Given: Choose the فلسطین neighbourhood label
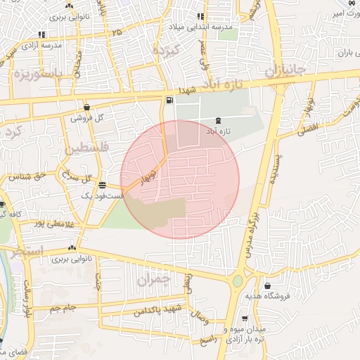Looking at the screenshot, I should pyautogui.click(x=87, y=149).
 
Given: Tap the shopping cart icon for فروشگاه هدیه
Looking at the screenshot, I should pyautogui.click(x=268, y=285).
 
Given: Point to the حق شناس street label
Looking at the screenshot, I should pyautogui.click(x=28, y=175).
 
